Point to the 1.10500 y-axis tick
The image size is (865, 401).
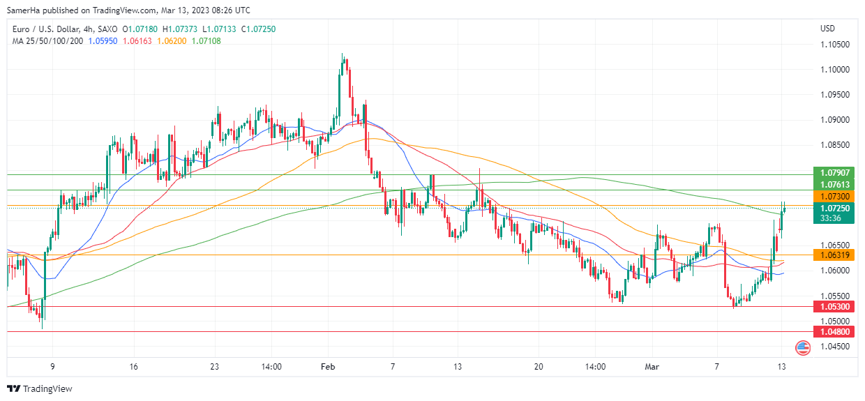pyautogui.click(x=834, y=45)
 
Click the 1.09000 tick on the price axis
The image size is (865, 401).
pyautogui.click(x=834, y=120)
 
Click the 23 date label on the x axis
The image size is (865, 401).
pyautogui.click(x=214, y=366)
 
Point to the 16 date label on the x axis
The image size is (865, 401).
pyautogui.click(x=134, y=366)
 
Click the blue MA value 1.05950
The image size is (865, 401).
pyautogui.click(x=103, y=41)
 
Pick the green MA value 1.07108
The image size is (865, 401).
pyautogui.click(x=206, y=41)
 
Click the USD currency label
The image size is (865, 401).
pyautogui.click(x=828, y=29)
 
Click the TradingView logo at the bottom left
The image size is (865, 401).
pyautogui.click(x=40, y=388)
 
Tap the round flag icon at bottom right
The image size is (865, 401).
pyautogui.click(x=803, y=347)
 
